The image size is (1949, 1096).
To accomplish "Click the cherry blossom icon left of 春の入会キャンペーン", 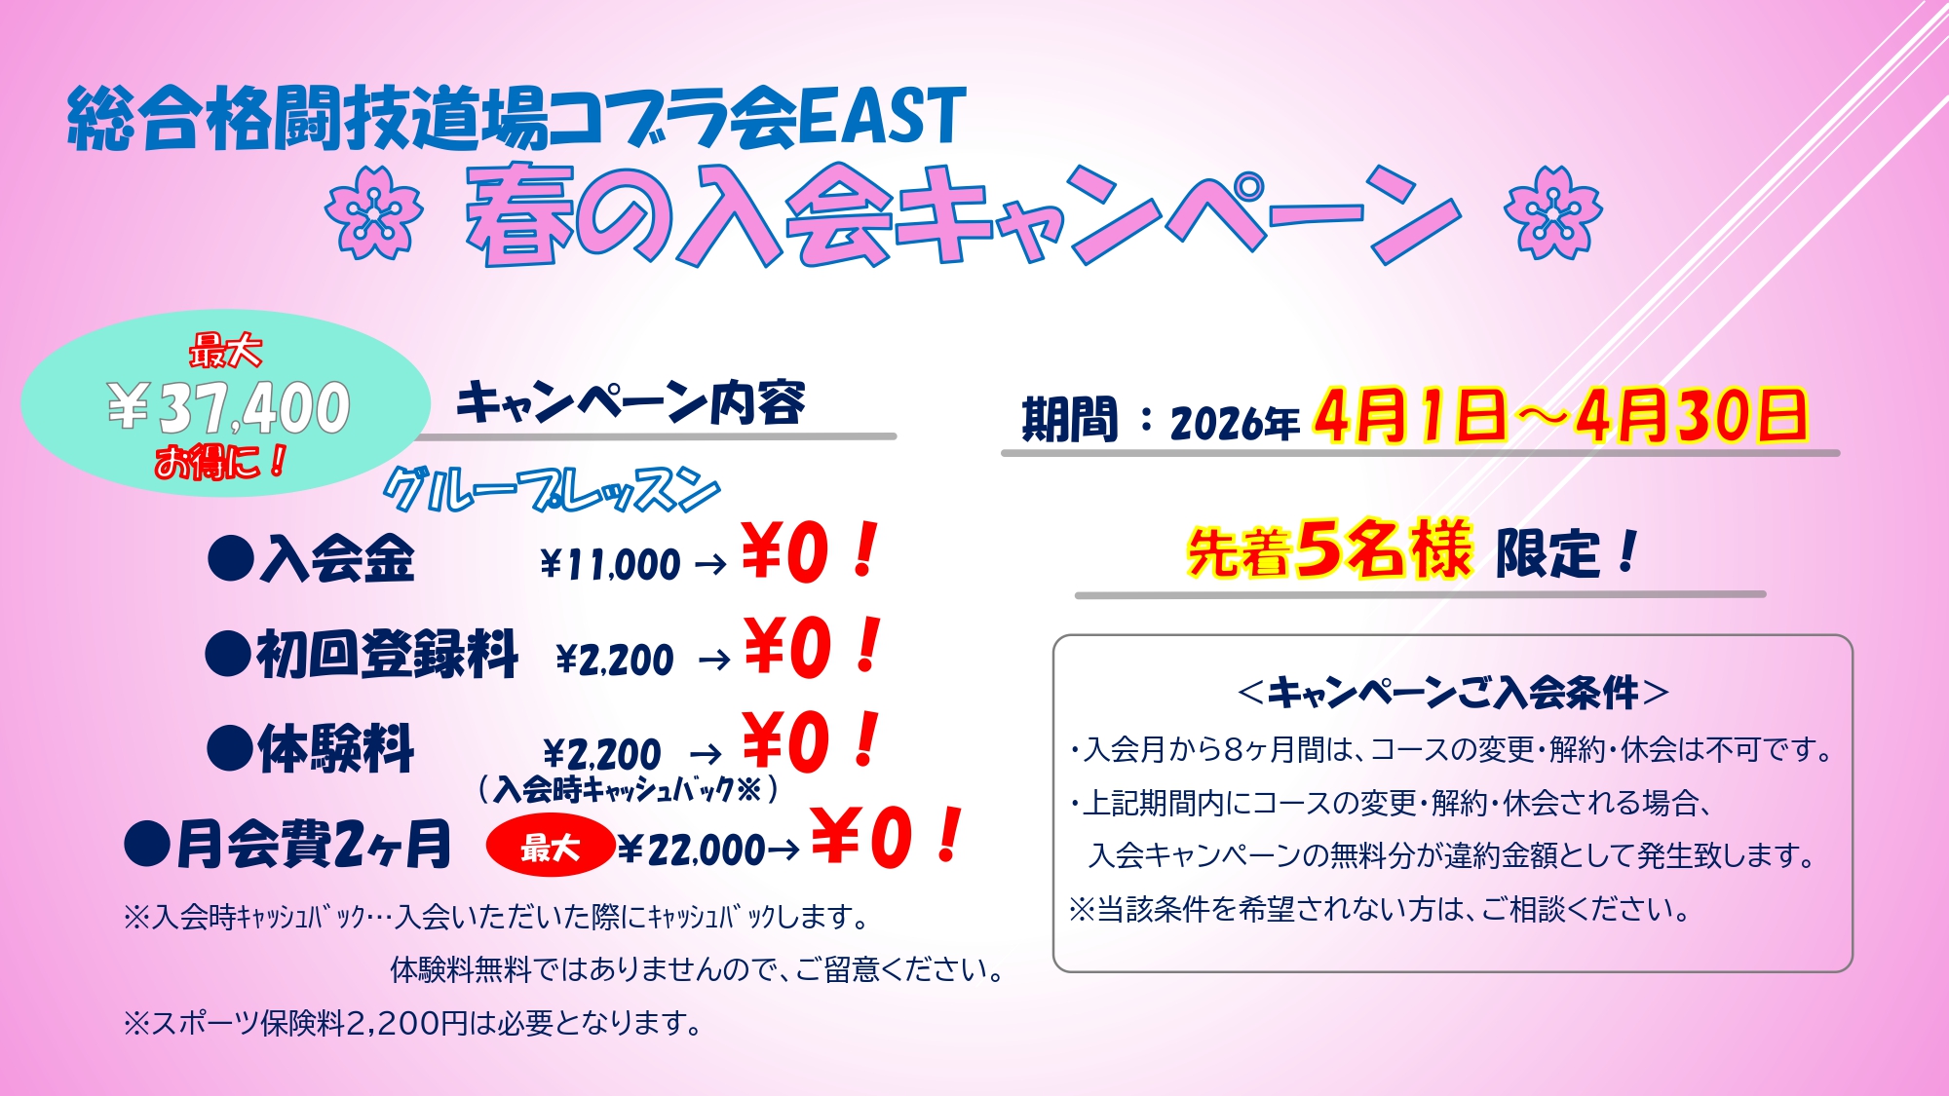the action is click(x=374, y=212).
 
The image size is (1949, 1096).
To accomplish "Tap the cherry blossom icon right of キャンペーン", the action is click(x=1552, y=212).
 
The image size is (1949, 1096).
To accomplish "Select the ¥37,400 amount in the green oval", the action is click(x=228, y=407).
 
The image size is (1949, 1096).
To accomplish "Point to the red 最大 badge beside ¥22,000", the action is click(x=550, y=847).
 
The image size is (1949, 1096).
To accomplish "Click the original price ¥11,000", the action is click(x=610, y=564).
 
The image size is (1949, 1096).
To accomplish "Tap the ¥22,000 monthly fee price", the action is click(x=691, y=850).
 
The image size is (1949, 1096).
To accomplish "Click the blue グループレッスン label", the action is click(x=552, y=490).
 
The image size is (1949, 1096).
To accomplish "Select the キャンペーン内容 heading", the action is click(x=631, y=403).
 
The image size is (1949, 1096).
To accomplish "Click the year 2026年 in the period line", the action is click(x=1235, y=423).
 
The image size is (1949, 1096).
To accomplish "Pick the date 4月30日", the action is click(x=1692, y=416).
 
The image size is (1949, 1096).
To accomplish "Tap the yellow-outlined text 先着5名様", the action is click(x=1329, y=549).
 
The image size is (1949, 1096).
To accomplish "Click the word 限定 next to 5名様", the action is click(x=1548, y=553).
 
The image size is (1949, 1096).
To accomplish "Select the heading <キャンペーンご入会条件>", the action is click(x=1452, y=692).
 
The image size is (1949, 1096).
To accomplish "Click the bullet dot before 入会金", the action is click(x=231, y=559).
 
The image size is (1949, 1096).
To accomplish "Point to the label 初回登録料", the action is click(x=387, y=654).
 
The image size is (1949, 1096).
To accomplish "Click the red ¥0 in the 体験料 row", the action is click(x=785, y=742).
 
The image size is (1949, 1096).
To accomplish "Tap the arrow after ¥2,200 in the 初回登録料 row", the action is click(x=714, y=661).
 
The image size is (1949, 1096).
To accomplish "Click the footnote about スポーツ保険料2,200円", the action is click(x=413, y=1023).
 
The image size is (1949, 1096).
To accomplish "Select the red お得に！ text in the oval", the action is click(x=220, y=461).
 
